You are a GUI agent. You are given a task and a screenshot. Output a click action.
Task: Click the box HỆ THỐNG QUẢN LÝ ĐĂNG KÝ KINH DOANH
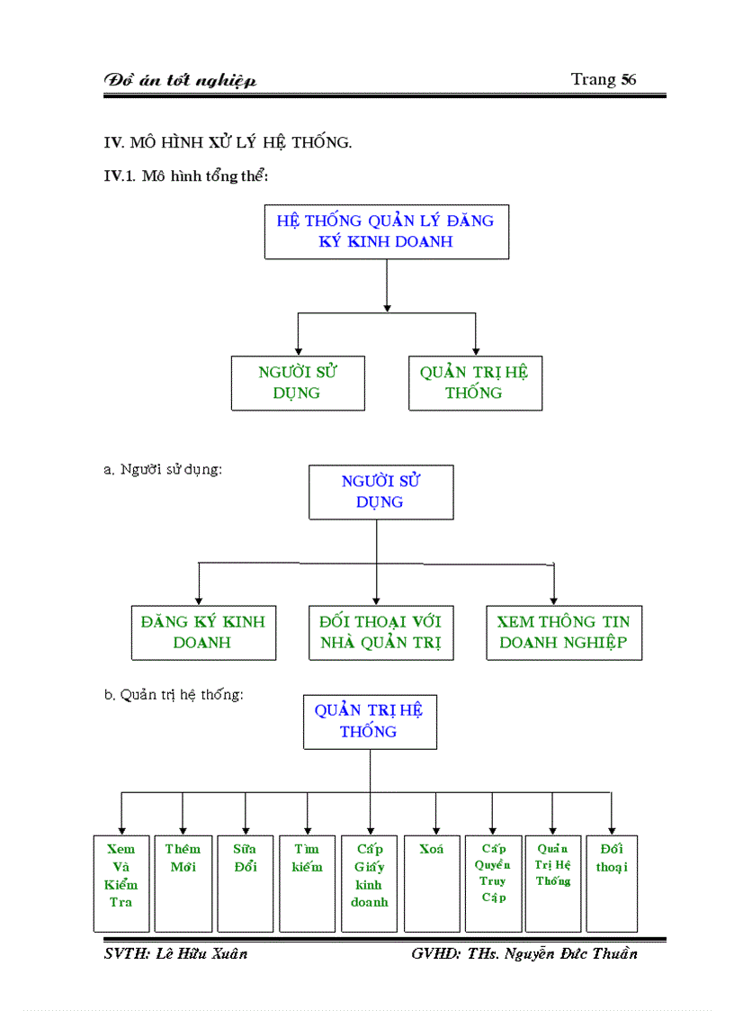point(386,231)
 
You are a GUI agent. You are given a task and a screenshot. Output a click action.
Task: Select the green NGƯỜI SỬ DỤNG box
point(298,383)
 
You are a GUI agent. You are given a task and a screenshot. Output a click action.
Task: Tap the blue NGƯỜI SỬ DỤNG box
point(380,492)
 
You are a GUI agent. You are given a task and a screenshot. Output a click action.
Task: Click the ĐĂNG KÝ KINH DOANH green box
point(202,632)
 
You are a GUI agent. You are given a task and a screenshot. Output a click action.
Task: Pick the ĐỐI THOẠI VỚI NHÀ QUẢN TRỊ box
point(380,632)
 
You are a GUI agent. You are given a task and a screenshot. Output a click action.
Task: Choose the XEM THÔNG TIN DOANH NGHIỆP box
point(564,632)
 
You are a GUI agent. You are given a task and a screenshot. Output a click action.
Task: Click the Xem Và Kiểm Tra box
point(121,882)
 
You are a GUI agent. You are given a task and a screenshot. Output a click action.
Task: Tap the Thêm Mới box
point(183,882)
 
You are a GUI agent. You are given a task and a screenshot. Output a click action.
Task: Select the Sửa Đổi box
point(245,882)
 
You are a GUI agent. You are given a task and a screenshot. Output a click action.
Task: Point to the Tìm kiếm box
point(307,882)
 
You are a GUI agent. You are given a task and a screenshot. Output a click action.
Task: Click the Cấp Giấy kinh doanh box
point(369,882)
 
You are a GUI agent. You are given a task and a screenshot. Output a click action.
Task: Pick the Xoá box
point(431,882)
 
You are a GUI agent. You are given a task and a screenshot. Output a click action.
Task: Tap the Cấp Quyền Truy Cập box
point(493,882)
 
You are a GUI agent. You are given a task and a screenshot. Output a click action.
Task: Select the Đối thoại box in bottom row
point(612,882)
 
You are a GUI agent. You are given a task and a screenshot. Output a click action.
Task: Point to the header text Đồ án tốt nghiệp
point(181,80)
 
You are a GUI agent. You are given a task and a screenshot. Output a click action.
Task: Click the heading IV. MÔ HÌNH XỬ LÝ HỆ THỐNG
point(228,142)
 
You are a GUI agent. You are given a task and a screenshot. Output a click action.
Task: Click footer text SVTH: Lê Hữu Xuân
point(176,954)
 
